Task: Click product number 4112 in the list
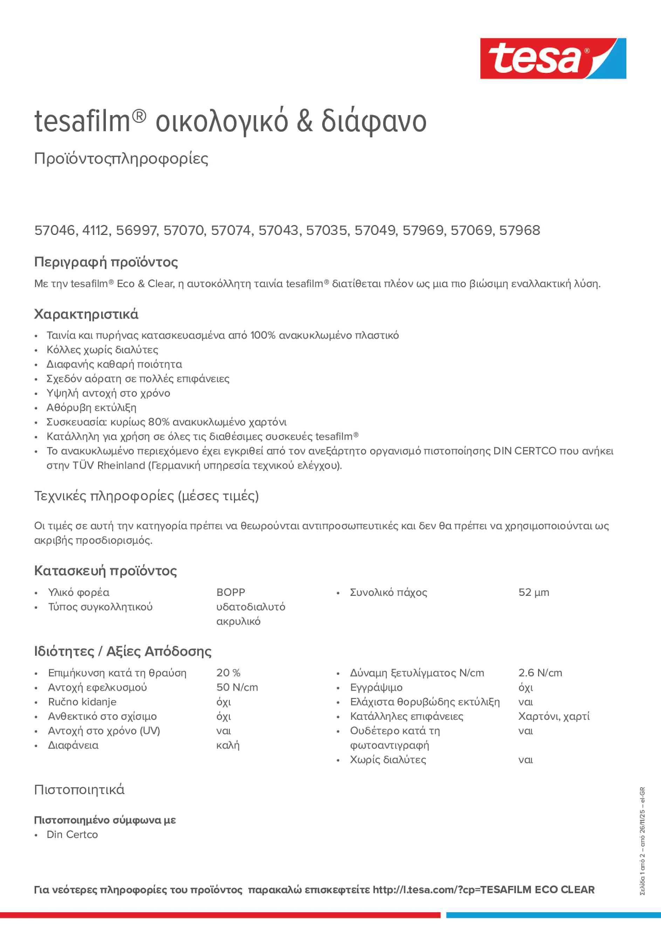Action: point(95,230)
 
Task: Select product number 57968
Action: point(519,230)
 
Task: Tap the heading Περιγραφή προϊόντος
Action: point(106,262)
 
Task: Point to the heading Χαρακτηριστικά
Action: point(87,314)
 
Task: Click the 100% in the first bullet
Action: point(262,336)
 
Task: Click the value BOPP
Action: point(230,593)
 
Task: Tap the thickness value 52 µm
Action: point(533,593)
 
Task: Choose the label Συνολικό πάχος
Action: point(388,593)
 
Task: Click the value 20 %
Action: point(228,673)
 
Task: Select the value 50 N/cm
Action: point(237,688)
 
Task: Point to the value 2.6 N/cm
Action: point(540,673)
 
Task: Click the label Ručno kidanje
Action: point(82,702)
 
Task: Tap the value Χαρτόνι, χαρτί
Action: point(553,717)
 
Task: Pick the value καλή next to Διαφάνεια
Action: point(228,746)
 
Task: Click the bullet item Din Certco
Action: point(72,835)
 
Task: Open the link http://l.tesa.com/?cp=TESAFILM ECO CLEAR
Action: point(483,890)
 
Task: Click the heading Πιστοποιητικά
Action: point(79,790)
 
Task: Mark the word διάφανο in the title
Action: point(373,121)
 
